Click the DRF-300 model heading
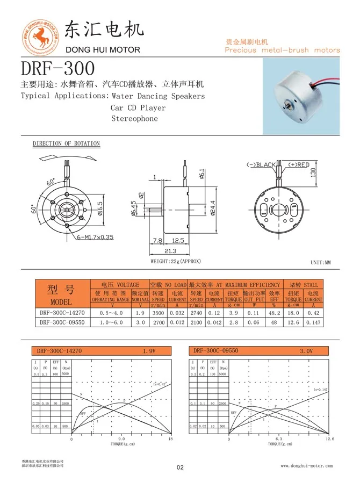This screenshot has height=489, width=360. point(57,68)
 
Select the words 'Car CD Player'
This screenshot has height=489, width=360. point(138,107)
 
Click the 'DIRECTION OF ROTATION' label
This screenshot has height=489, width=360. point(66,143)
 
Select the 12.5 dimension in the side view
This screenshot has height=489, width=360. point(178,240)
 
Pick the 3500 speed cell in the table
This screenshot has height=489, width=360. point(157,312)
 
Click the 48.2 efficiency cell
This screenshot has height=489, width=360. point(274,312)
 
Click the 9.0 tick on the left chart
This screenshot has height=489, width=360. point(121,439)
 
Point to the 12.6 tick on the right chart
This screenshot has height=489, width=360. point(329,439)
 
